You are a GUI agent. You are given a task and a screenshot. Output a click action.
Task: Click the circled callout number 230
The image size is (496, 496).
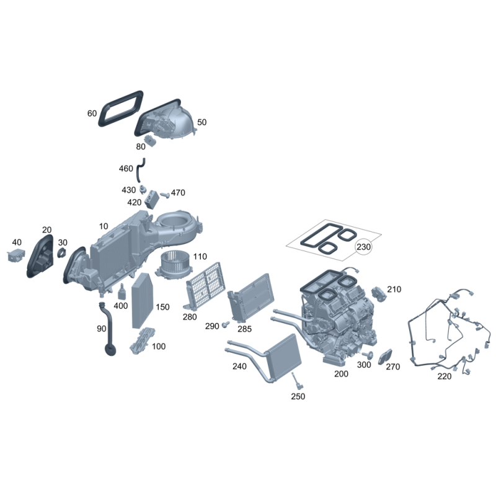(x=363, y=246)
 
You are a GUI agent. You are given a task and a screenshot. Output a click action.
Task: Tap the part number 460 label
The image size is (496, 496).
(x=126, y=169)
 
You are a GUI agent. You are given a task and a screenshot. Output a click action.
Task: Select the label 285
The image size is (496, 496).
(x=244, y=329)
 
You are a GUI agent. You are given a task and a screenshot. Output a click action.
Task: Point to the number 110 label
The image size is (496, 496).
(x=200, y=256)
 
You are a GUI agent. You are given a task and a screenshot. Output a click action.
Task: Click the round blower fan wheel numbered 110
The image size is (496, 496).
(x=174, y=264)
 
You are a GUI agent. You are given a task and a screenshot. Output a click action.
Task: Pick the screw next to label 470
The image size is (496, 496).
(x=165, y=195)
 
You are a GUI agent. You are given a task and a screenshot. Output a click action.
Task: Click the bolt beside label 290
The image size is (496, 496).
(x=226, y=324)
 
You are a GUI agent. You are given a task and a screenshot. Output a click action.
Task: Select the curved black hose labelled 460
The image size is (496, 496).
(x=141, y=170)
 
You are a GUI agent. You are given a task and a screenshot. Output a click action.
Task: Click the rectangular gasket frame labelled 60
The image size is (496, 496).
(x=120, y=108)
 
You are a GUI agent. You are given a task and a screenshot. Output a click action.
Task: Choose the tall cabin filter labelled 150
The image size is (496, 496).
(x=143, y=301)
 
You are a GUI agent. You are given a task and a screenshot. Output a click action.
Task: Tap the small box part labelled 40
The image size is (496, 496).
(x=16, y=255)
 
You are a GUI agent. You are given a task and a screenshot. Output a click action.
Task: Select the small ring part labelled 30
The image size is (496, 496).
(x=61, y=253)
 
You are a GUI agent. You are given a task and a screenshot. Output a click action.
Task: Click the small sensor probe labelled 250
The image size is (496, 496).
(x=297, y=381)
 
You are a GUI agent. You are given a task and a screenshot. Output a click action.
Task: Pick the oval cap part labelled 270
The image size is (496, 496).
(x=385, y=357)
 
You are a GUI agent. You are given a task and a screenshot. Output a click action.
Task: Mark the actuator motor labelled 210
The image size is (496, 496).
(x=378, y=293)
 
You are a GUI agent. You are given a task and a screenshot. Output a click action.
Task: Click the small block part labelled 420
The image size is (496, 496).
(x=152, y=200)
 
